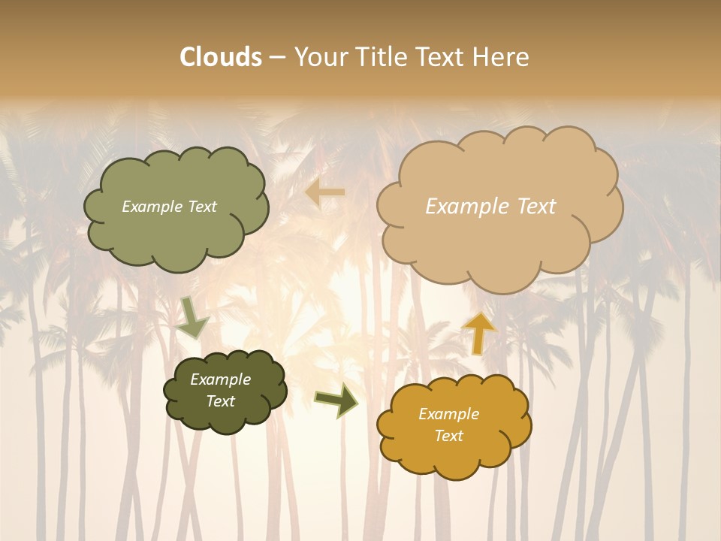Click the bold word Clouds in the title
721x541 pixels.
[x=220, y=57]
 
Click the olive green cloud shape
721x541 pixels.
[x=176, y=225]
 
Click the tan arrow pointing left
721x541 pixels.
[x=325, y=193]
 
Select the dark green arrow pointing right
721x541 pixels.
[x=336, y=400]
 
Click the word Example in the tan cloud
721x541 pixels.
[x=460, y=206]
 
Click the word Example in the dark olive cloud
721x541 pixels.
[x=220, y=379]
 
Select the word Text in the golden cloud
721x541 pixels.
[x=448, y=436]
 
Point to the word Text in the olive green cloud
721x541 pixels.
[x=201, y=207]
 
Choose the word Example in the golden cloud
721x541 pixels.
[x=448, y=414]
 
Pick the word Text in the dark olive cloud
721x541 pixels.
[x=220, y=401]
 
